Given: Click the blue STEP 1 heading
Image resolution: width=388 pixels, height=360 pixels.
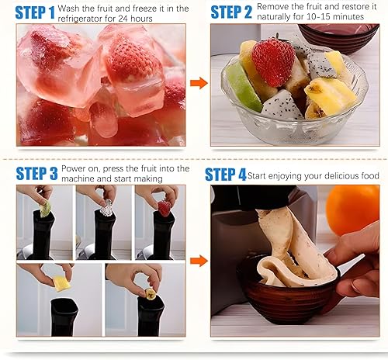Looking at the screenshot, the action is coord(35,13).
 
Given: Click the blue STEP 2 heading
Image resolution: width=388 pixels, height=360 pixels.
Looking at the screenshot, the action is coord(231,12).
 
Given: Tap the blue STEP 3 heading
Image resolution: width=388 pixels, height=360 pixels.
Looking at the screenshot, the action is coord(36,173).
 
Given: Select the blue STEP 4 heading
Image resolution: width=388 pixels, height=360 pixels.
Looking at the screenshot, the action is coord(225,175).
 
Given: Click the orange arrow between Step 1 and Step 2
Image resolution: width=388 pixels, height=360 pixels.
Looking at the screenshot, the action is coord(199,83).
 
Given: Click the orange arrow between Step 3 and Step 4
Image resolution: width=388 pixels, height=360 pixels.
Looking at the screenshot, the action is coord(199,261).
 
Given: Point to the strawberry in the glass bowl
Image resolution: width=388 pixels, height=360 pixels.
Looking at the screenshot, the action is coord(273,61).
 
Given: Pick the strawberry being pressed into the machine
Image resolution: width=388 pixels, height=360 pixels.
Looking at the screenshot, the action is coord(165,209).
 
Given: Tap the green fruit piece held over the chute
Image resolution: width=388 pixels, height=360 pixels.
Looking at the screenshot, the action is coord(45,209).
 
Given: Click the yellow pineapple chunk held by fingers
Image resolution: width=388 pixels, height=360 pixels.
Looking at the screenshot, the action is coord(61,283).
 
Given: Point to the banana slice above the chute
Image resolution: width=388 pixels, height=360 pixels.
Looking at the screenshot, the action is coord(151,294).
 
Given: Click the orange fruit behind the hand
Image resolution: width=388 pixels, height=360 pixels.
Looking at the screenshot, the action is coord(352,209).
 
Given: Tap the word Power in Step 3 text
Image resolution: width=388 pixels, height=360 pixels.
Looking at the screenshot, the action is coord(73,169).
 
